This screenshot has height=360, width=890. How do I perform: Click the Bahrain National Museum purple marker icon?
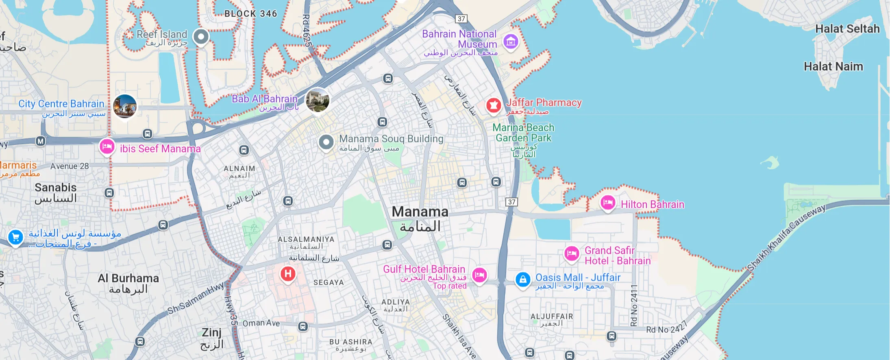(x=511, y=41)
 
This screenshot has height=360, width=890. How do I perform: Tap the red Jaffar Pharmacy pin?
(x=494, y=105)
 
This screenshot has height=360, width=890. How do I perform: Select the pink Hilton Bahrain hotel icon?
(x=607, y=202)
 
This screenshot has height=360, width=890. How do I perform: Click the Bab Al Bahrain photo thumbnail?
(x=318, y=100)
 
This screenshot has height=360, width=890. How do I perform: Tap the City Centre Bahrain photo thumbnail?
(x=125, y=106)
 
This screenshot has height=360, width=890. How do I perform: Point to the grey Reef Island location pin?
(x=201, y=37)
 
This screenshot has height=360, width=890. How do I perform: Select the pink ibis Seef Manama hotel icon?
(x=107, y=146)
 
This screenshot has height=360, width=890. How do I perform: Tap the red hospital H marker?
(x=288, y=274)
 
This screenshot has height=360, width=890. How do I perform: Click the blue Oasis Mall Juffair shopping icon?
(x=523, y=279)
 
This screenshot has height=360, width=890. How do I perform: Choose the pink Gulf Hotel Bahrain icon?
(x=479, y=275)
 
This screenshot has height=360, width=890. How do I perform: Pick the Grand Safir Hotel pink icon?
(x=572, y=253)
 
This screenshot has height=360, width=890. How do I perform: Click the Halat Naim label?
(x=833, y=66)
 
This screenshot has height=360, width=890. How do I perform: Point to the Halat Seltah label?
(x=847, y=29)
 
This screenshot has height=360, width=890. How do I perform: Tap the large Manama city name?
(x=420, y=212)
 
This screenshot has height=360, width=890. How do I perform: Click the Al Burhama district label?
(x=128, y=279)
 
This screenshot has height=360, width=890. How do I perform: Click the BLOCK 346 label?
(x=251, y=14)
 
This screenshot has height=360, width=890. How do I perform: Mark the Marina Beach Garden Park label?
(x=523, y=133)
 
